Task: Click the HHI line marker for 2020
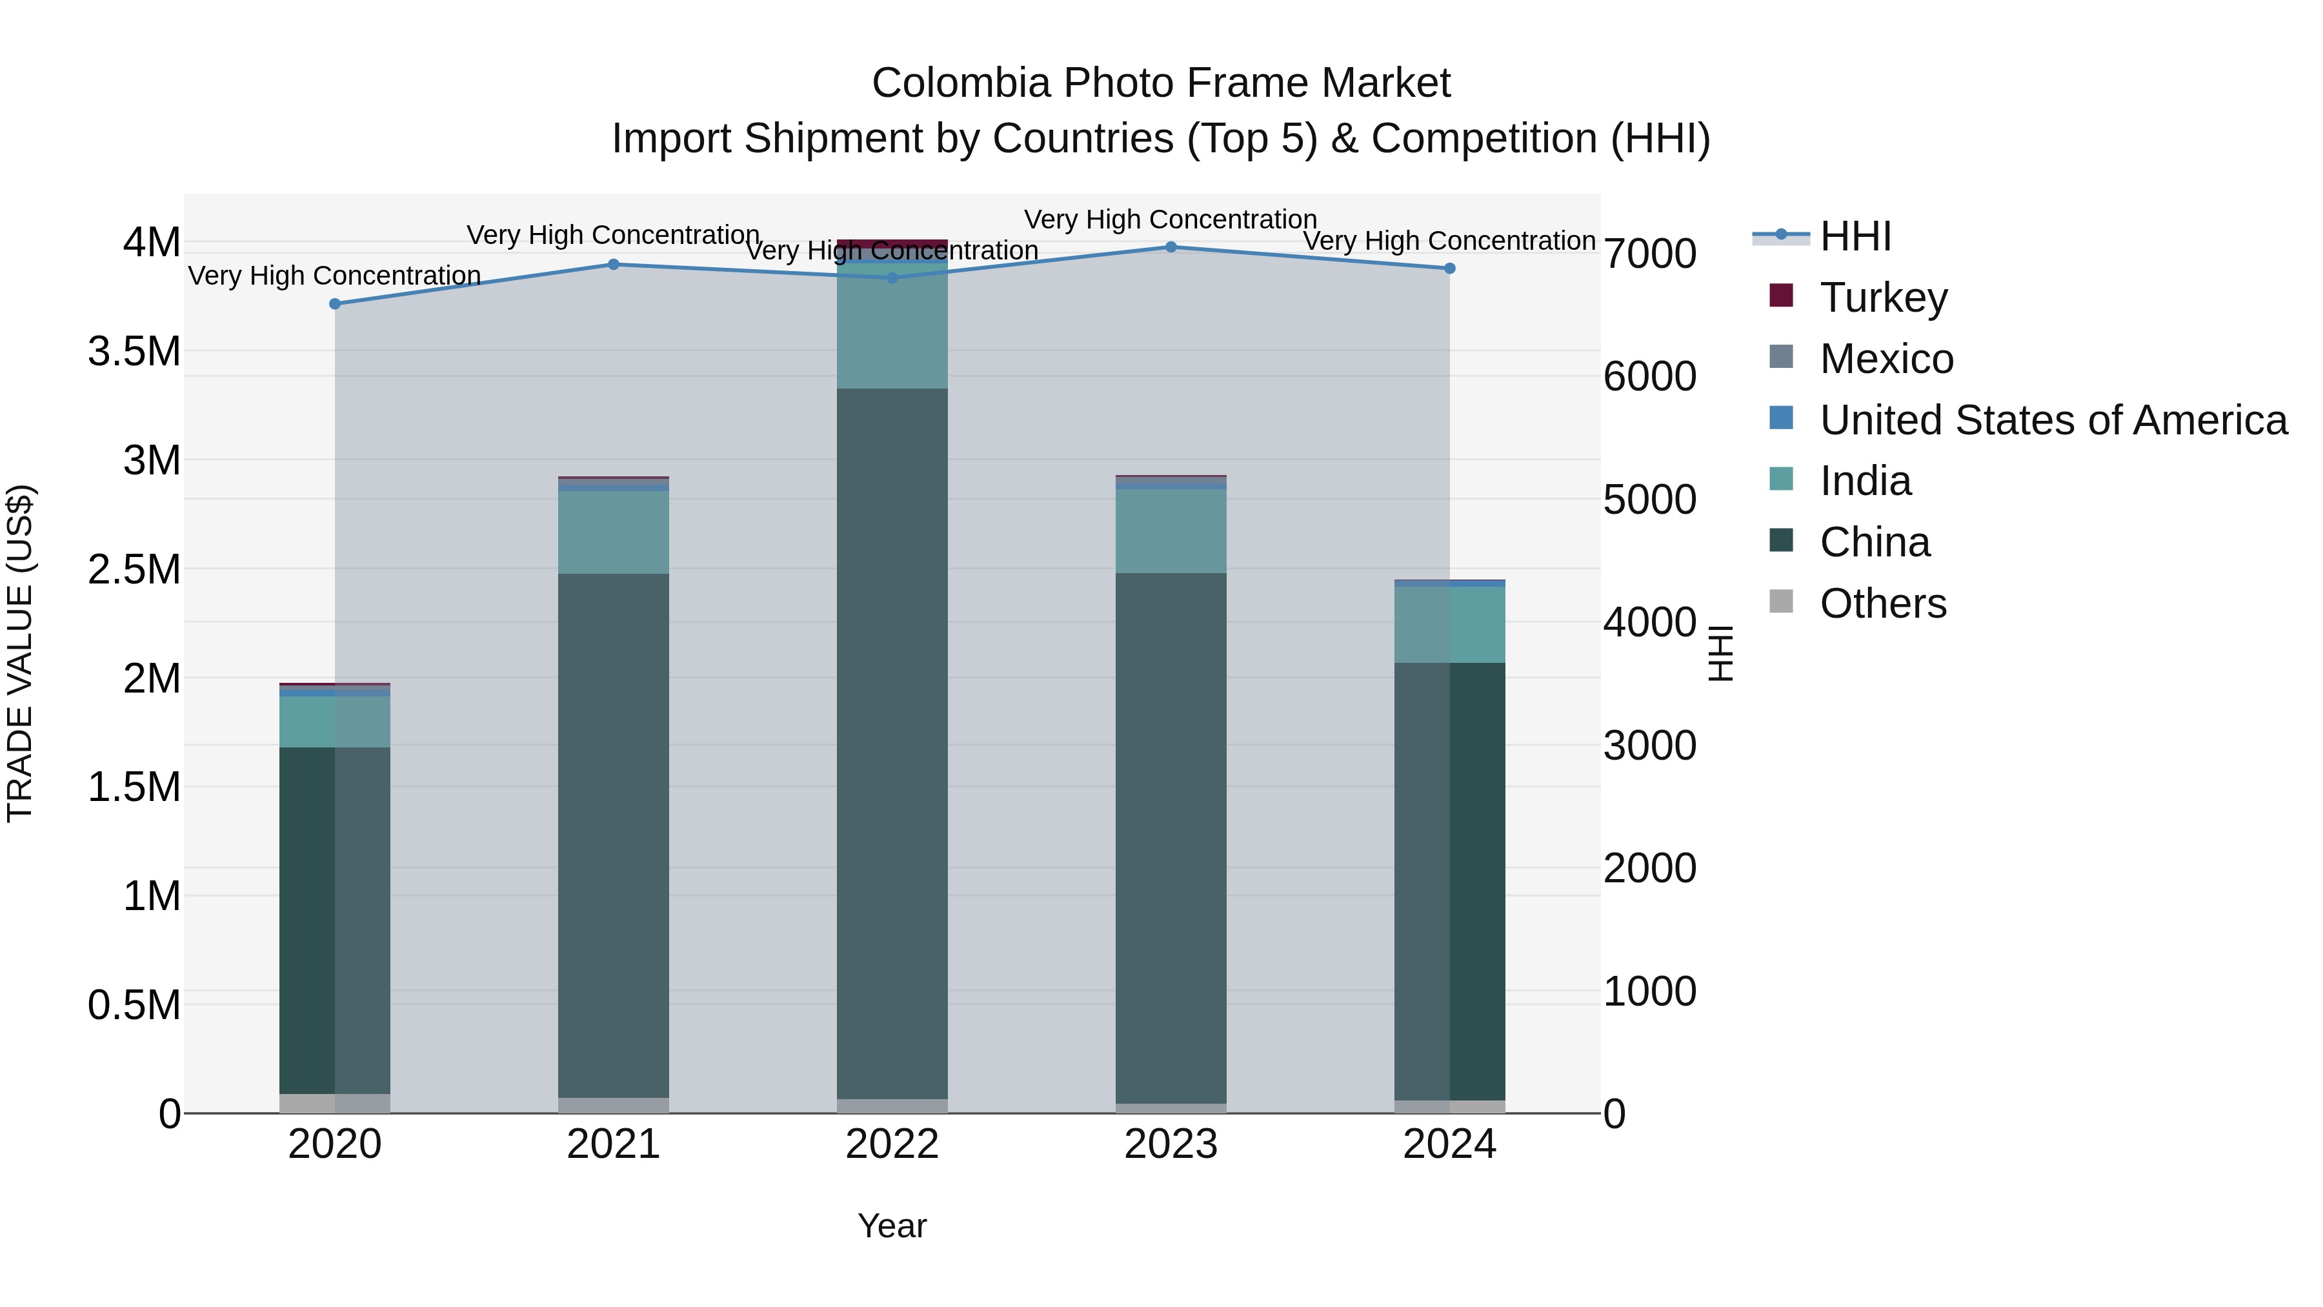point(334,304)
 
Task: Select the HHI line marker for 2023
point(1171,247)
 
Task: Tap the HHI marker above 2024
point(1449,268)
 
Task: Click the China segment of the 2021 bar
point(613,835)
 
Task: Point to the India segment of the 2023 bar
point(1171,531)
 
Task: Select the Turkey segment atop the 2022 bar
point(892,243)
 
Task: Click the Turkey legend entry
point(1883,298)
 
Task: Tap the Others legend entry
point(1882,603)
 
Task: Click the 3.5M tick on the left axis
point(134,352)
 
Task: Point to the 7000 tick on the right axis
point(1649,254)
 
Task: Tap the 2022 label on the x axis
point(892,1144)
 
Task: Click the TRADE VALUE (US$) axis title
point(20,653)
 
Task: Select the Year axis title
point(892,1226)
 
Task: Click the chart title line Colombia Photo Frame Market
point(1161,83)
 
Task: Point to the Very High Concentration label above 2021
point(613,236)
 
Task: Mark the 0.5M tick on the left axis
point(134,1006)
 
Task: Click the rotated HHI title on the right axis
point(1720,653)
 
